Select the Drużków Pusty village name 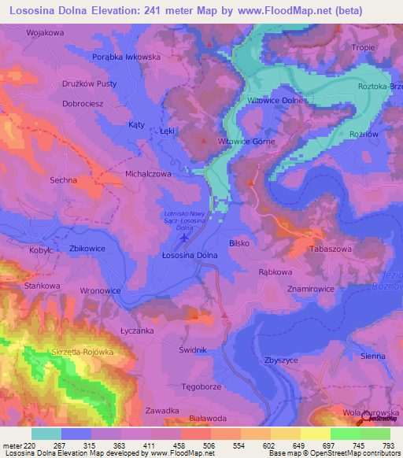pos(90,83)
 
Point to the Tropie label pos(363,47)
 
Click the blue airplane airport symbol pos(185,238)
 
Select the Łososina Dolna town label pos(189,255)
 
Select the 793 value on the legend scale pos(389,445)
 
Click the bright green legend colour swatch pos(345,434)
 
